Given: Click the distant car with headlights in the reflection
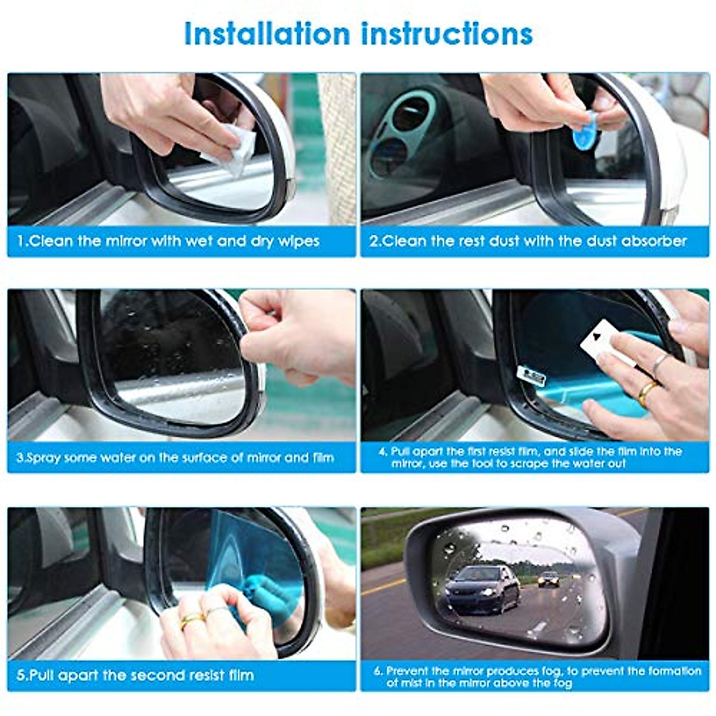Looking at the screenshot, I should tap(549, 579).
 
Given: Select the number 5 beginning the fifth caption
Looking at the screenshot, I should tap(21, 675).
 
